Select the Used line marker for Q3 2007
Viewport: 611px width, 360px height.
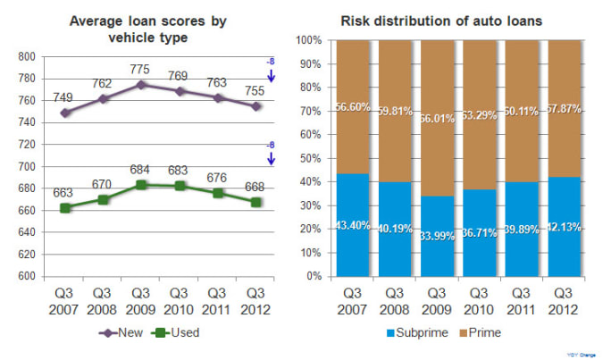click(x=64, y=207)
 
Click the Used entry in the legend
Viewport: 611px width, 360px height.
click(x=174, y=332)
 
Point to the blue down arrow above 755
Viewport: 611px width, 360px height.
click(x=270, y=78)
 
